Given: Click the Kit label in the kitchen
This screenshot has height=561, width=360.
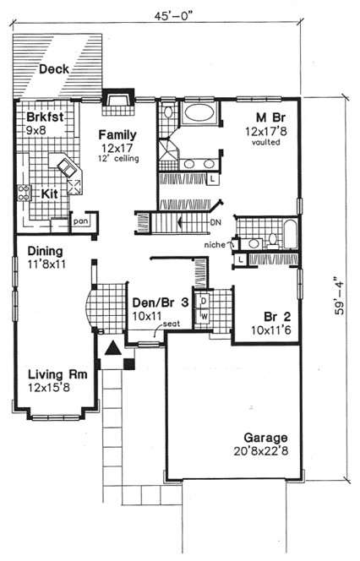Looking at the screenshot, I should click(x=52, y=193).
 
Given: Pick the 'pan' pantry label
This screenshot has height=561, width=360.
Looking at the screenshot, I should click(x=80, y=221).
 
